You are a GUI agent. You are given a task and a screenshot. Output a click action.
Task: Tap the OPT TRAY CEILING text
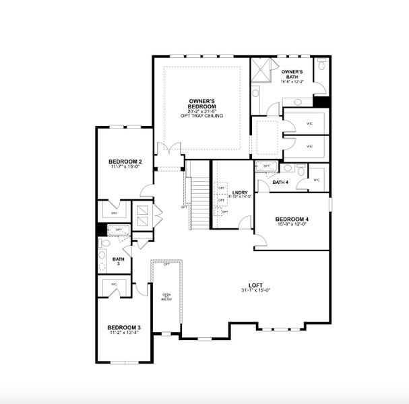click(202, 116)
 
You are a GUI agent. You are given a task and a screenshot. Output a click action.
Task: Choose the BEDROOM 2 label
click(125, 162)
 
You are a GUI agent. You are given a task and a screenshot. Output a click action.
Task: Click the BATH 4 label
click(281, 182)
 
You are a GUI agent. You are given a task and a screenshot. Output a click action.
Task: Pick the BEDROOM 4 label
click(292, 219)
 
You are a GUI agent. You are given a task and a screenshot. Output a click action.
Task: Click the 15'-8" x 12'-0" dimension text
click(292, 225)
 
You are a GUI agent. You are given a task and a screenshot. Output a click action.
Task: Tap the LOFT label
click(255, 285)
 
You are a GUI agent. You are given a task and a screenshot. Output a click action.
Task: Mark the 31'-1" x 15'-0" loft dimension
click(255, 291)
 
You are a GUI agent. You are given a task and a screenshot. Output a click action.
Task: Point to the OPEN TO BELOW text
click(166, 298)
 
